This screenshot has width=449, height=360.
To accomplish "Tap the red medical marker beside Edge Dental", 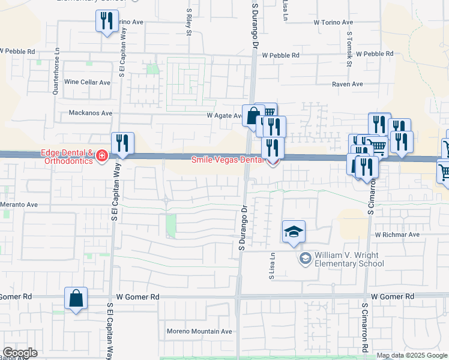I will pos(102,157).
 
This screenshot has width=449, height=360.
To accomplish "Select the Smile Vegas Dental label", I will pos(227,160).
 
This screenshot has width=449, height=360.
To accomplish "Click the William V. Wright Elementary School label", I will pos(349,259).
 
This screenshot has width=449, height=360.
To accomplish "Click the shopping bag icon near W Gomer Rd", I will pos(76,298).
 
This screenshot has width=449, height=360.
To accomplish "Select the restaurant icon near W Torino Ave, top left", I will pos(107,22).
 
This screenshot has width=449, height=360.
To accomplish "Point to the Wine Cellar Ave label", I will pos(88,82).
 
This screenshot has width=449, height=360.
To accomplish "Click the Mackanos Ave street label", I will pos(91,113).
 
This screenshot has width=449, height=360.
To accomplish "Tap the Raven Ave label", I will pos(348,85).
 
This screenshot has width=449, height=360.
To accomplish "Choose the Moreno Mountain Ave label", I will pos(199,331).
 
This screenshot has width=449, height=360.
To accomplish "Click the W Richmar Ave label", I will pos(397,235).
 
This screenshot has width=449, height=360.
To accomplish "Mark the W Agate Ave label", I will pos(224,115).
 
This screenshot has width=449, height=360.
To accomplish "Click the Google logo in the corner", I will pos(20,353).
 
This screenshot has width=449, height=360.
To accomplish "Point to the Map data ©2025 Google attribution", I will pos(411,356).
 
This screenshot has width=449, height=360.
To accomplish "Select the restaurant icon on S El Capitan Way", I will pos(122,144).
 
